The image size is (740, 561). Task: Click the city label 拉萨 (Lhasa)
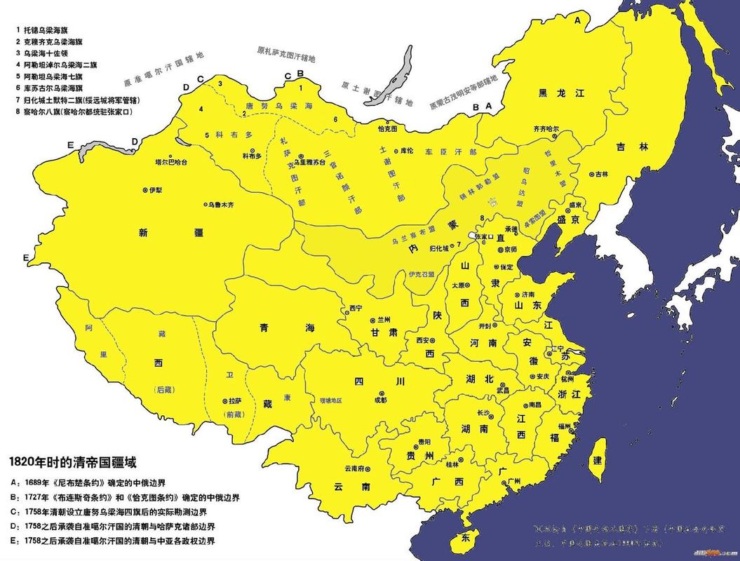tap(235, 401)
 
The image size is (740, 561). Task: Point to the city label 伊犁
tap(155, 190)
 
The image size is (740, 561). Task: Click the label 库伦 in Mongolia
tap(408, 150)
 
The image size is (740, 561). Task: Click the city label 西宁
tap(356, 309)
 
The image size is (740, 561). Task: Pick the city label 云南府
tap(352, 468)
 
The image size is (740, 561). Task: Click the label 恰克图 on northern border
tap(387, 129)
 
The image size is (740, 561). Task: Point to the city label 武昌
tap(503, 389)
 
